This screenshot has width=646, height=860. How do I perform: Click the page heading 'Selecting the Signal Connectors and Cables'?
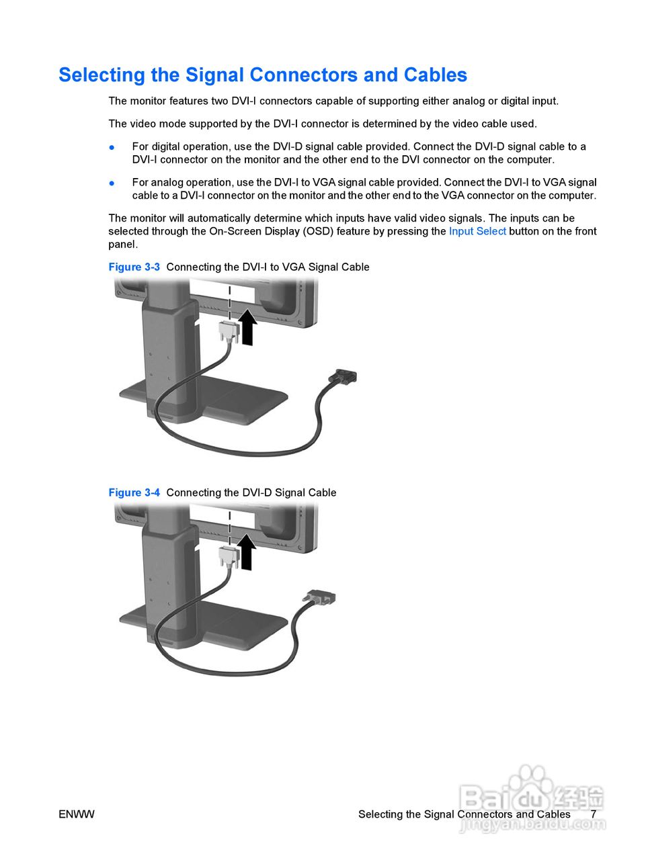tap(263, 75)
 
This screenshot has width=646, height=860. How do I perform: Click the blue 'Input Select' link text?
tap(477, 231)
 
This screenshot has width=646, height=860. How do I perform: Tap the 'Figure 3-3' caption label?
tap(134, 267)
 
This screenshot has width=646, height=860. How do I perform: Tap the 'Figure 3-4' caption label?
tap(134, 492)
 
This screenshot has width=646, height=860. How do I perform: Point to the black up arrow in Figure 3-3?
tap(248, 328)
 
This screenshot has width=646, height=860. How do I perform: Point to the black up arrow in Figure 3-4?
tap(248, 553)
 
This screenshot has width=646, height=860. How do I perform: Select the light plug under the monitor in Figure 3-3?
tap(229, 330)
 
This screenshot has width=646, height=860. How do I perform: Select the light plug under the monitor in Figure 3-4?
tap(229, 555)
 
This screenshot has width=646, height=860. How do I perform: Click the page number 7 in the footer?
tap(593, 814)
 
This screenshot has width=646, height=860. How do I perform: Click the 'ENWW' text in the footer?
tap(77, 814)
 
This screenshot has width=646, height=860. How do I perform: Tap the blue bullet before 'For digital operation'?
tap(112, 147)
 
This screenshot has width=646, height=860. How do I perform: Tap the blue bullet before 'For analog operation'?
tap(112, 183)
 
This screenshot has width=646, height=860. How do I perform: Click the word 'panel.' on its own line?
tap(123, 245)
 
